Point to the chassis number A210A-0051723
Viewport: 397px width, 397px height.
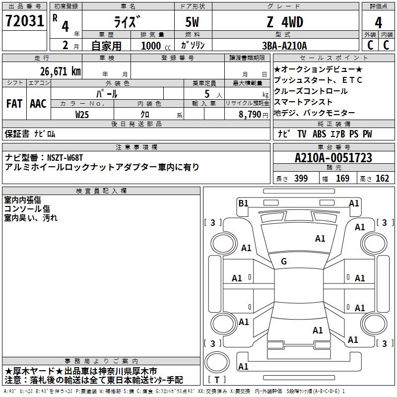click(333, 158)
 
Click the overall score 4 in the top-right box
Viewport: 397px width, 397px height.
click(378, 22)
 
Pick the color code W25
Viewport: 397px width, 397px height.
click(82, 114)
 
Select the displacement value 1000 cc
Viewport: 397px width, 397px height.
click(151, 46)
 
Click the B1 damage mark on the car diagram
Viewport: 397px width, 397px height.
click(243, 203)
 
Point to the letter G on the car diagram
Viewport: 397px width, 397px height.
click(284, 262)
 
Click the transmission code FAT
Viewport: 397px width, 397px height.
click(14, 104)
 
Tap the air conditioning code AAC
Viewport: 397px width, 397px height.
click(38, 104)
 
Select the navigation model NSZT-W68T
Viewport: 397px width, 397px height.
click(66, 157)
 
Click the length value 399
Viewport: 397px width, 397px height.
click(301, 179)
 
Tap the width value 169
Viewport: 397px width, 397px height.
click(342, 179)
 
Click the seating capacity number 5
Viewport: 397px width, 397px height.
click(206, 94)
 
